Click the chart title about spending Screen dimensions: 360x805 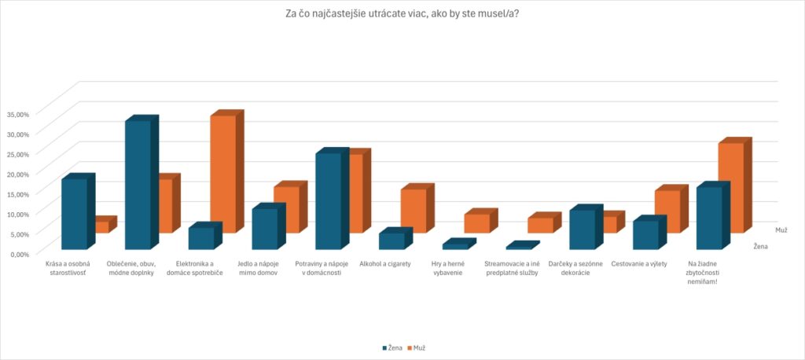(402, 13)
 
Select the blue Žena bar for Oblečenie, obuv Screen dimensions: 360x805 (138, 185)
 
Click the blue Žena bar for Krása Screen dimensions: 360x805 (74, 214)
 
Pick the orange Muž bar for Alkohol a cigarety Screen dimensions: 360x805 (413, 211)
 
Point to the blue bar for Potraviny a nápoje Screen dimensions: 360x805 (328, 200)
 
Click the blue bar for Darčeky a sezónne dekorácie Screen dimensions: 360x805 (582, 229)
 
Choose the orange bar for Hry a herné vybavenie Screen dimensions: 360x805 (476, 223)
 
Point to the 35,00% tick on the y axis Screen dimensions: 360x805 (17, 114)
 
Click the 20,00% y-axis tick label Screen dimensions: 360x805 (17, 174)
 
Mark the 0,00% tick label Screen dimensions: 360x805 (18, 253)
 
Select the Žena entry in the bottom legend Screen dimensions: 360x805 (392, 347)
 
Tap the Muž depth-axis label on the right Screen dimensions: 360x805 (781, 230)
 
